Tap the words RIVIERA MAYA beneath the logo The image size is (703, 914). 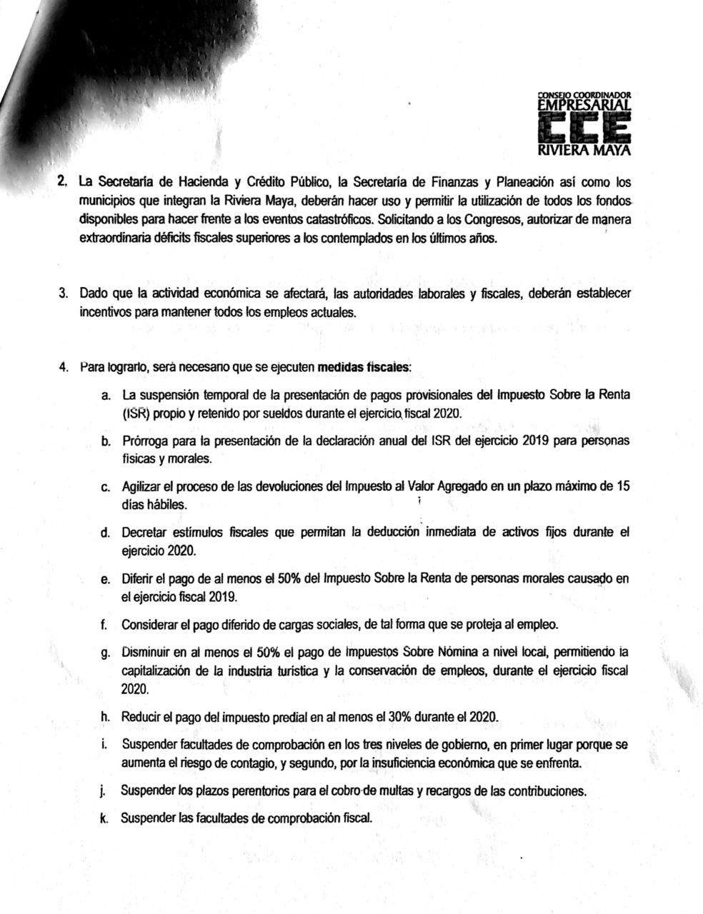pos(584,151)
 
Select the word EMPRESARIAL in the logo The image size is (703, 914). pos(584,105)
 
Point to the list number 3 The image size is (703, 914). pos(63,293)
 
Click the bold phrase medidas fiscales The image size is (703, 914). pos(363,368)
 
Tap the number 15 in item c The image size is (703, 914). pos(622,487)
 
